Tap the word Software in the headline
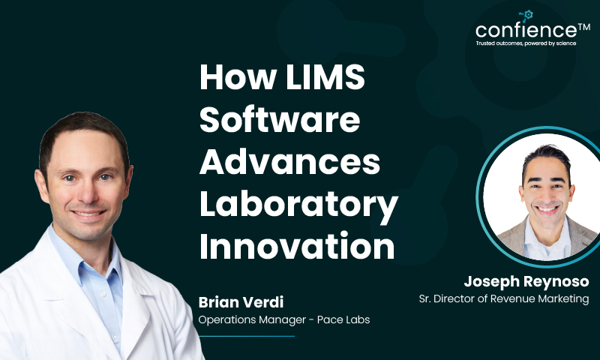280,121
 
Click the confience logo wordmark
526,31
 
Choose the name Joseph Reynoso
526,283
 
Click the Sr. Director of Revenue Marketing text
503,298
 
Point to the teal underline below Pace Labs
247,336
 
